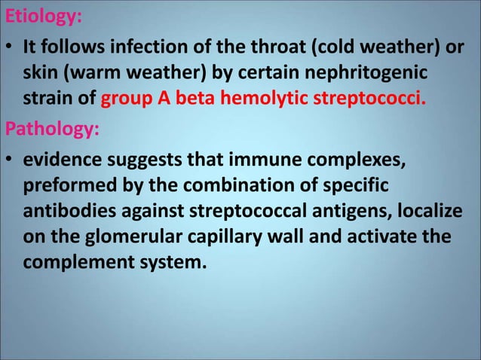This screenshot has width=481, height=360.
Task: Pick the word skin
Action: coord(38,75)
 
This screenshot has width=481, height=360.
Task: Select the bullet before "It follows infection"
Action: coord(9,48)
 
